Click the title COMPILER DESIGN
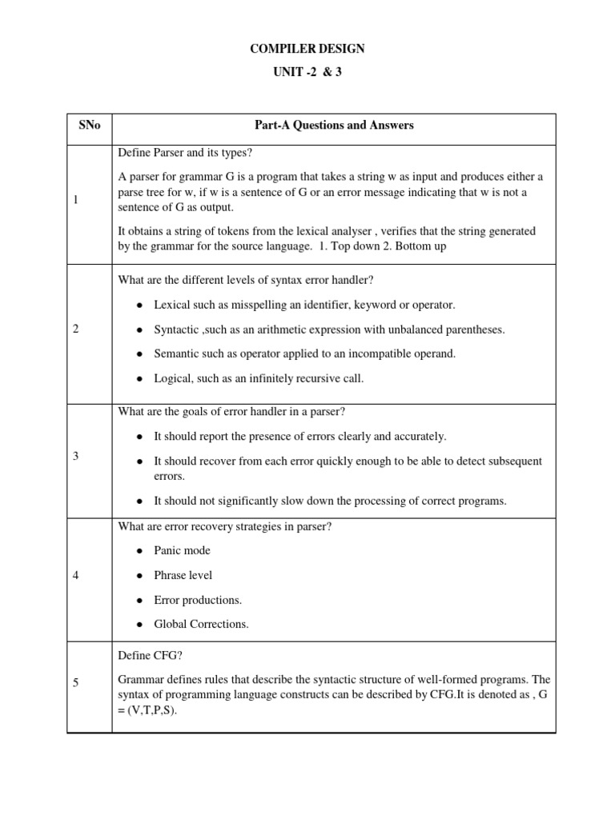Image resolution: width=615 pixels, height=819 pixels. (x=307, y=49)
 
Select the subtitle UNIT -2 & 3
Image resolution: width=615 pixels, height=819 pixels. (x=307, y=72)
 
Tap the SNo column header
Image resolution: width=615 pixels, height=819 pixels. (x=89, y=126)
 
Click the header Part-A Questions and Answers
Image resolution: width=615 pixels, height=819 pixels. (x=334, y=126)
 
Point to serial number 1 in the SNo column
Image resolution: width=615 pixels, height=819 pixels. (x=75, y=200)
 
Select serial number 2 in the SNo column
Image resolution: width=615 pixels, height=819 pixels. (x=75, y=329)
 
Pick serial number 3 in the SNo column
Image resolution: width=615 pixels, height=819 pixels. (x=75, y=455)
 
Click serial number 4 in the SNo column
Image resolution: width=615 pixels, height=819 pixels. (x=75, y=575)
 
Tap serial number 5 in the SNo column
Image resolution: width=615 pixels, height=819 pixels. (x=75, y=682)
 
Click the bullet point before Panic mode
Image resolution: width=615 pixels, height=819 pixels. (x=139, y=551)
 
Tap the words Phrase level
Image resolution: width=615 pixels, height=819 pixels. (x=183, y=575)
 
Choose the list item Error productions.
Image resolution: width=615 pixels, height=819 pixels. (x=198, y=600)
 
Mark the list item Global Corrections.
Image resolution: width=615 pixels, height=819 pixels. (x=201, y=624)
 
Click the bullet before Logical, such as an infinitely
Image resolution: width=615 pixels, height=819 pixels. (x=139, y=379)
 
